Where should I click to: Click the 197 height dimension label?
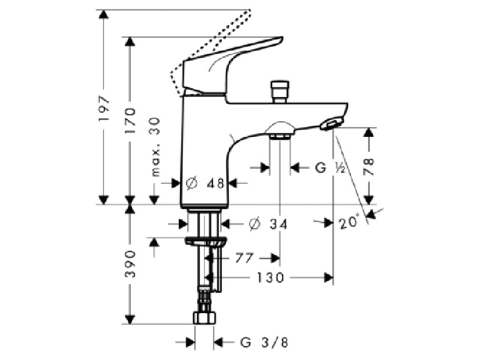point(104,109)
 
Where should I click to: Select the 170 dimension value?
point(130,120)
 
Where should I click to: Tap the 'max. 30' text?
point(155,147)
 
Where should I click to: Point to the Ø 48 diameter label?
point(205,184)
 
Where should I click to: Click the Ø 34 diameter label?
point(268,224)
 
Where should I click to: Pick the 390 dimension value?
point(130,264)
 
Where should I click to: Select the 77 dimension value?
point(244,258)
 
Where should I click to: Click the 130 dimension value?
point(271,278)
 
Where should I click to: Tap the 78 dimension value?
point(369,167)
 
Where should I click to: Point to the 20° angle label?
point(349,222)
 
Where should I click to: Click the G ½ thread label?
point(330,168)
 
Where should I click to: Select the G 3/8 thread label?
point(264,342)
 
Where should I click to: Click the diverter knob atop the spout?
point(280,92)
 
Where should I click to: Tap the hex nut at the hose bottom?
point(205,317)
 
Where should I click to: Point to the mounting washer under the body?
point(206,241)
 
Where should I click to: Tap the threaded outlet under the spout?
point(280,136)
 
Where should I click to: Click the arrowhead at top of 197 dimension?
point(104,14)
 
